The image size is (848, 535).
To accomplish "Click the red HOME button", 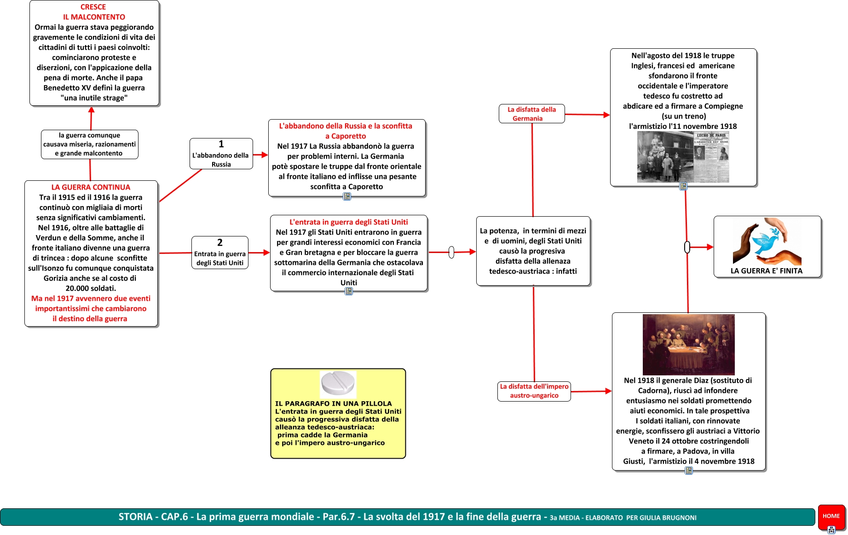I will tap(831, 516).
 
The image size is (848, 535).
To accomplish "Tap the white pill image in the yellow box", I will tap(338, 384).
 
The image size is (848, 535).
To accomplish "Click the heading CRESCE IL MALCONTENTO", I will tap(93, 12).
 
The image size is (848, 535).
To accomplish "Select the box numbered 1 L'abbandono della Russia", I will tap(221, 154).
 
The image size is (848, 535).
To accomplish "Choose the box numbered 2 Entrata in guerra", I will tap(220, 253).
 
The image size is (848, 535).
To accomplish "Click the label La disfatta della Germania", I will tap(531, 114).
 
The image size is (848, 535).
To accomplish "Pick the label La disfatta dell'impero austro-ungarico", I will tap(534, 391).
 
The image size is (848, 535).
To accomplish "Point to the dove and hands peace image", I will tap(767, 241).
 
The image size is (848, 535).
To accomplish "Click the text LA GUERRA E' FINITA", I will tap(767, 271).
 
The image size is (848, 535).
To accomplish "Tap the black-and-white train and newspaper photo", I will tap(683, 157).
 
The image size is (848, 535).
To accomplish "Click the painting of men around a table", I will tap(688, 345).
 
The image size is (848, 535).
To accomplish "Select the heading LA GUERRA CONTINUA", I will tap(91, 187).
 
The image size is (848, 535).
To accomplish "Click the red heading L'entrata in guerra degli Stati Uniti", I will tap(349, 222).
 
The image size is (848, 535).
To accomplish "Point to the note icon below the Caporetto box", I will tap(347, 196).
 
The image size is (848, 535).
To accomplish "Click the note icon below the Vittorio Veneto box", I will tap(689, 471).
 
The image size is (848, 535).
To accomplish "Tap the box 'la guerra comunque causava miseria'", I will tap(90, 144).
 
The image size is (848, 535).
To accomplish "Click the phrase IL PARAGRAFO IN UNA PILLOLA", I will tap(334, 403).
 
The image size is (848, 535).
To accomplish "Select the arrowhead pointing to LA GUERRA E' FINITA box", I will tap(710, 247).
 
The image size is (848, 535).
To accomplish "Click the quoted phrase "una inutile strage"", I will tap(94, 98).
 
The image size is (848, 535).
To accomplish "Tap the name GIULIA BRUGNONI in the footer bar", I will tap(675, 518).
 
